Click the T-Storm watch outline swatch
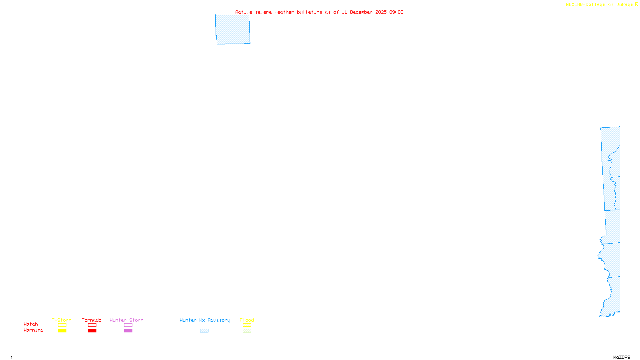(62, 325)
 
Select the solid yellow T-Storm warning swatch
(62, 331)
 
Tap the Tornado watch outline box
(92, 325)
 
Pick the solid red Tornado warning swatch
(92, 331)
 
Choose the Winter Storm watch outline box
(128, 325)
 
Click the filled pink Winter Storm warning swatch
(128, 331)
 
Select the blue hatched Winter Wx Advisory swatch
(204, 331)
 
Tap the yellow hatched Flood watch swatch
(247, 325)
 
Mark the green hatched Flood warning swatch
(247, 331)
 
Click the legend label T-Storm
(62, 320)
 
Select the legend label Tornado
(92, 320)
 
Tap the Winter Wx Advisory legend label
(205, 320)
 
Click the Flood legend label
(247, 320)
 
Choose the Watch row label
(31, 324)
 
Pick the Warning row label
(33, 330)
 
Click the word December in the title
(361, 12)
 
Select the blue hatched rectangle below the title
(233, 29)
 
